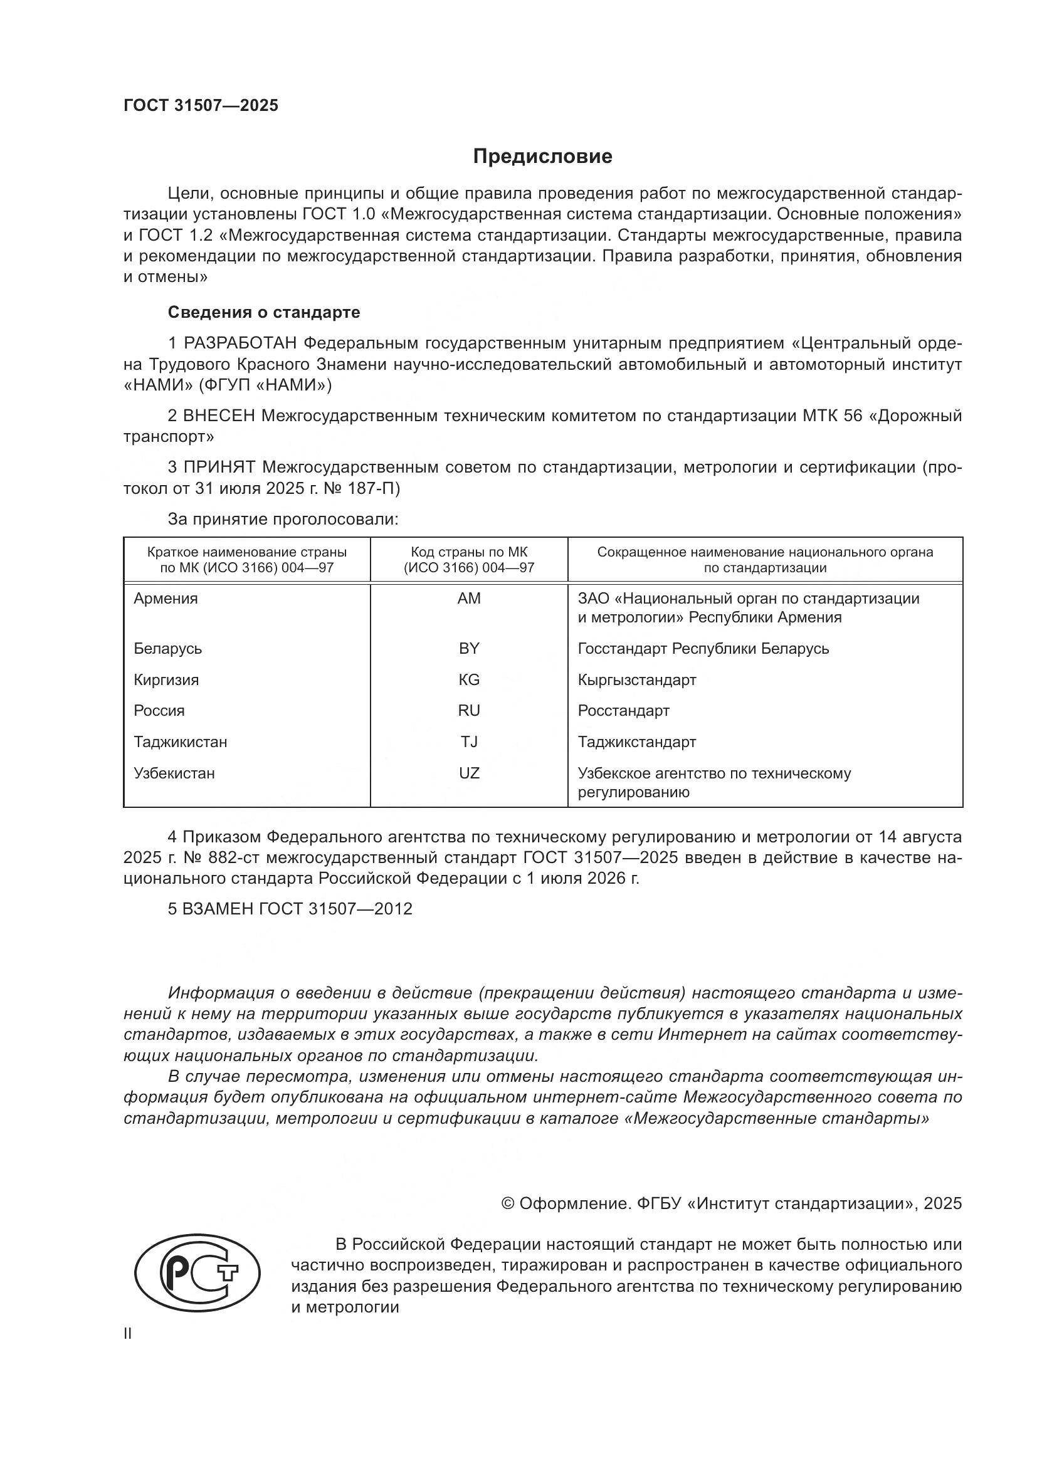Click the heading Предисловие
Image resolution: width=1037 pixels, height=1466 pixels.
(x=542, y=157)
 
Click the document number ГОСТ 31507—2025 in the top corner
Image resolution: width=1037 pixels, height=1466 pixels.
(x=201, y=106)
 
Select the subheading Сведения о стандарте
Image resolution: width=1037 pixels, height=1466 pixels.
(x=264, y=312)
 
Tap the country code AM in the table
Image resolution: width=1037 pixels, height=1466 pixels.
(x=469, y=599)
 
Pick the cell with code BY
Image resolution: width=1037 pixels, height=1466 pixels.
(x=469, y=649)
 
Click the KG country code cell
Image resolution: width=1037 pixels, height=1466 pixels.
(x=469, y=680)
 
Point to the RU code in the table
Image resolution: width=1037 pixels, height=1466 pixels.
(x=469, y=711)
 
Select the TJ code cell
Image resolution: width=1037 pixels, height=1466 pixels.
(x=469, y=742)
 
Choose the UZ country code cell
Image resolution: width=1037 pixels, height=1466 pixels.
(x=469, y=773)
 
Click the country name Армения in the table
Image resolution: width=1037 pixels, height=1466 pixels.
(x=166, y=599)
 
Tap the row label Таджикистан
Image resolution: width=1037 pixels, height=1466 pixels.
(x=180, y=742)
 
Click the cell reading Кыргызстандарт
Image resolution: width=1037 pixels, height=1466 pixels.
(x=636, y=680)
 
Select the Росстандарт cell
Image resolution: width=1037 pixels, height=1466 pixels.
(x=623, y=711)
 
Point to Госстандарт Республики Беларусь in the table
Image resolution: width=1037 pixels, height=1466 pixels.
(x=703, y=649)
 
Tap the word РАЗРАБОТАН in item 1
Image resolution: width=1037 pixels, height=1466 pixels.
(x=240, y=343)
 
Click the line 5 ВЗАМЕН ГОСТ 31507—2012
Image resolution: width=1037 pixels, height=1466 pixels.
(x=290, y=909)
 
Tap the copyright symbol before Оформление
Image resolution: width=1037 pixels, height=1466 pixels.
(x=508, y=1203)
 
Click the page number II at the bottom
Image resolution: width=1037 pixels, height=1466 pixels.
(x=128, y=1334)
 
